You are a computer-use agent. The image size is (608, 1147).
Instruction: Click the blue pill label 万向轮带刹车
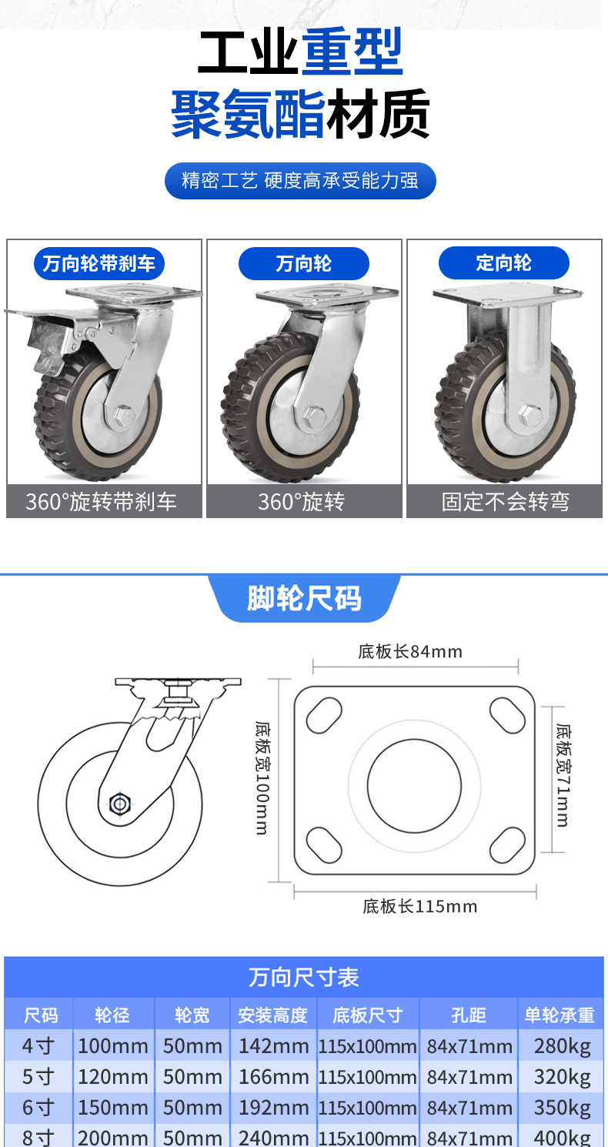pos(99,264)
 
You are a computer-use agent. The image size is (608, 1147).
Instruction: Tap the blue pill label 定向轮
pos(503,263)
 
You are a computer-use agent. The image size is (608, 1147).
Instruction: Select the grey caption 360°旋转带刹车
pos(102,502)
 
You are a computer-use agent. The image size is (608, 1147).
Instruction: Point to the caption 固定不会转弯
pos(505,502)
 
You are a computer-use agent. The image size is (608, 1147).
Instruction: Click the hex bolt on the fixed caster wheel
pos(531,414)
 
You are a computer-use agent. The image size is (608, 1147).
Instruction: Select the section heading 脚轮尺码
pos(304,598)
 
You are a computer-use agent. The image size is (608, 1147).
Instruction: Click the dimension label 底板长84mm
pos(410,652)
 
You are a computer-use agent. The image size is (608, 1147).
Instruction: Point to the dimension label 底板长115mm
pos(419,906)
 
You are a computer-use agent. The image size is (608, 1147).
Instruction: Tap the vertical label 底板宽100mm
pos(262,777)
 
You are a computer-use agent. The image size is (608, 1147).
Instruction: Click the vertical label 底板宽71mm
pos(563,775)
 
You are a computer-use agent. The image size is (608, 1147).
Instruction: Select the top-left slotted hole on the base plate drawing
pos(324,715)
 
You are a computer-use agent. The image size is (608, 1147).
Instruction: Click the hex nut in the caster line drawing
pos(120,804)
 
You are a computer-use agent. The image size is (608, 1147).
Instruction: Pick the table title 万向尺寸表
pos(304,978)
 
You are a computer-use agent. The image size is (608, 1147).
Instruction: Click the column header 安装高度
pos(272,1015)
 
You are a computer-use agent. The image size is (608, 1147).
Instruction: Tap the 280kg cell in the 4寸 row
pos(562,1046)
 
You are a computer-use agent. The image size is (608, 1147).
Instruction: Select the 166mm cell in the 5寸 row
pos(273,1076)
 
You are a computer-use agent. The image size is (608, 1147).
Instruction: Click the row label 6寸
pos(38,1107)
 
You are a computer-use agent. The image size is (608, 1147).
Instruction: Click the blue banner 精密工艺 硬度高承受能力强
pos(300,181)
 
